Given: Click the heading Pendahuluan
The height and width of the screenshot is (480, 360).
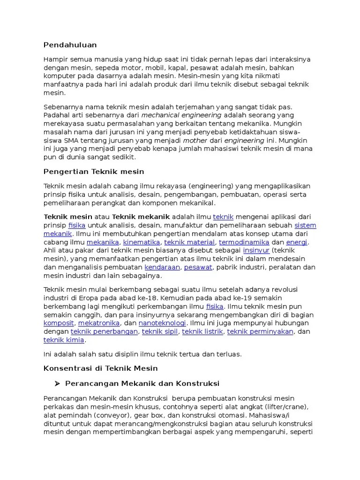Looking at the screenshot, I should tap(70, 45).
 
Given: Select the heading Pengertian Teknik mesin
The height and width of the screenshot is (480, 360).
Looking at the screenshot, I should tap(94, 172).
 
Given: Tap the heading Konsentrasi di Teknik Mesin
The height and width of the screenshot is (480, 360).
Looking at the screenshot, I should tap(101, 368).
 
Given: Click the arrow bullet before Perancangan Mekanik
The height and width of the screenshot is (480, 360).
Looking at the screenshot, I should tap(57, 383).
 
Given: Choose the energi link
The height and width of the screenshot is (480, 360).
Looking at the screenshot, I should tap(297, 242).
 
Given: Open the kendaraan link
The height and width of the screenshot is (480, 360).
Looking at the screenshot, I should tap(162, 267).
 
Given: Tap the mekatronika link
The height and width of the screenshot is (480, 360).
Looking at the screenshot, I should tap(98, 323).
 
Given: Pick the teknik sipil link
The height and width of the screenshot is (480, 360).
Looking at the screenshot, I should tap(160, 332).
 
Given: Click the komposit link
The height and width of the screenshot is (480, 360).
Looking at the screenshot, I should tap(59, 323).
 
